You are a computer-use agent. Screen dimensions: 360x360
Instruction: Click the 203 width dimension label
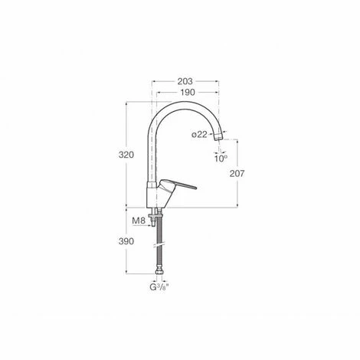[x=185, y=81]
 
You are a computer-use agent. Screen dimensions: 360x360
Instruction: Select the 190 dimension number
[x=188, y=93]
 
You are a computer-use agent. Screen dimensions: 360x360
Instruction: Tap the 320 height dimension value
[x=126, y=155]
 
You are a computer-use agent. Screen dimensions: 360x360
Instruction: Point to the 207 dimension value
[x=237, y=174]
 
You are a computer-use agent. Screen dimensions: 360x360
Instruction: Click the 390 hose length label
[x=126, y=241]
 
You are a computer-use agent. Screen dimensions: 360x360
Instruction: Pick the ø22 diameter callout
[x=199, y=135]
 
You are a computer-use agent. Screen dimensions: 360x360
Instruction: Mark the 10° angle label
[x=221, y=159]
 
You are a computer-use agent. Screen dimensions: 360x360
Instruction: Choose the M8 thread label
[x=139, y=221]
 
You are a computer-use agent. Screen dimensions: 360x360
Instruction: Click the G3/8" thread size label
[x=159, y=287]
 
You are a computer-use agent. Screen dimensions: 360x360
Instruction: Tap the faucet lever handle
[x=178, y=185]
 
